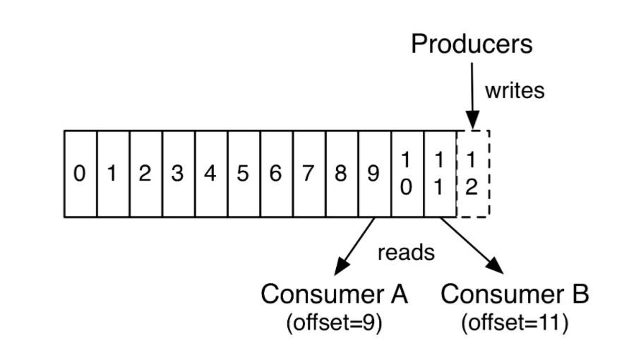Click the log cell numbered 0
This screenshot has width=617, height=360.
tap(80, 174)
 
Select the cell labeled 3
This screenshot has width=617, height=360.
tap(178, 174)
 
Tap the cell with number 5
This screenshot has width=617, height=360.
tap(244, 174)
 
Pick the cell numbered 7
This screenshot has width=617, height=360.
tap(308, 174)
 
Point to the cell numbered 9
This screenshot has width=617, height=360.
tap(374, 174)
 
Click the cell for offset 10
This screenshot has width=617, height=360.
tap(407, 174)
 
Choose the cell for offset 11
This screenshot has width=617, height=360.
tap(440, 174)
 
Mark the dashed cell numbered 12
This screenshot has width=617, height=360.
tap(472, 174)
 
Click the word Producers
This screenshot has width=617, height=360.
tap(472, 44)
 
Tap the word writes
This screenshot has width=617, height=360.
tap(515, 91)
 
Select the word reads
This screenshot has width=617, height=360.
tap(406, 253)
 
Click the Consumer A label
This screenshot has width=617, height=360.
tap(334, 294)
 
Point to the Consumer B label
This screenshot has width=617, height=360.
tap(515, 294)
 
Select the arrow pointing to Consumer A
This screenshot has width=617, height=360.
tap(355, 246)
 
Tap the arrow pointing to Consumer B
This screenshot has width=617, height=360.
tap(472, 246)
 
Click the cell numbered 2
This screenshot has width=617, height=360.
tap(145, 174)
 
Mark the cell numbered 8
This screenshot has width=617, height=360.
tap(341, 174)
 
